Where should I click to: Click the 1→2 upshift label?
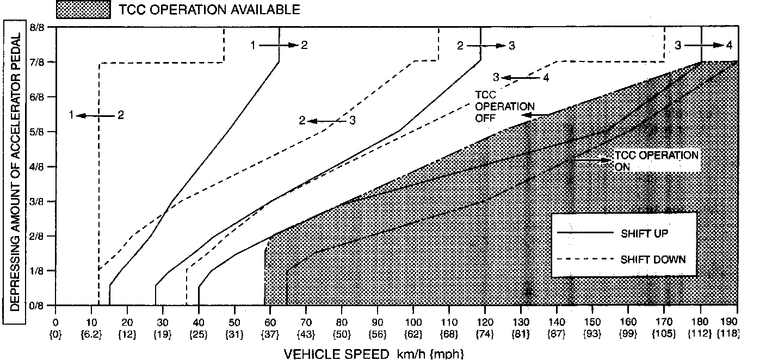coord(279,45)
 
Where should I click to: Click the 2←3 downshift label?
coord(328,121)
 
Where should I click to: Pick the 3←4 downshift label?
coord(521,77)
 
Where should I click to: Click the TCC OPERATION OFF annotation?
coord(504,105)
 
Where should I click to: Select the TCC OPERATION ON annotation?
coord(656,161)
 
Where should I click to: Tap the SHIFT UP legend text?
coord(644,234)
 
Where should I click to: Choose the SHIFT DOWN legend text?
coord(653,259)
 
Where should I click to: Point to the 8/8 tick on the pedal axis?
coord(38,27)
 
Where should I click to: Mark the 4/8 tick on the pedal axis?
coord(38,166)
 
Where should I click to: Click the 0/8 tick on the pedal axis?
coord(38,306)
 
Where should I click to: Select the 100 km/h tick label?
coord(413,321)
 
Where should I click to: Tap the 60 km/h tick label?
coord(270,321)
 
